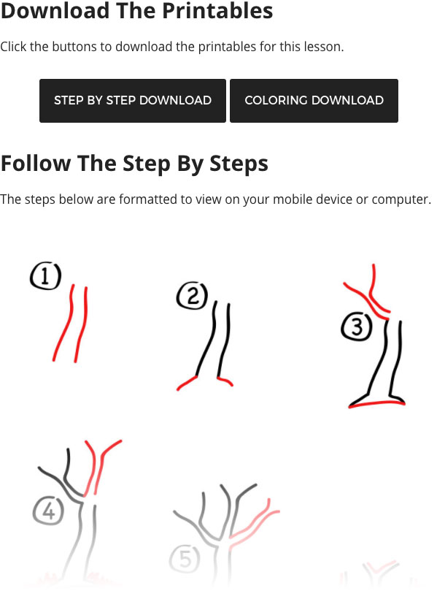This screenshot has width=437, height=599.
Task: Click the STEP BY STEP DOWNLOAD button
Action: click(133, 101)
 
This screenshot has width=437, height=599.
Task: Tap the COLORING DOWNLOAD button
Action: click(314, 101)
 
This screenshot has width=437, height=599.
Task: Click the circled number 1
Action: click(45, 275)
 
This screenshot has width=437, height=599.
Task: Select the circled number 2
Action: click(192, 296)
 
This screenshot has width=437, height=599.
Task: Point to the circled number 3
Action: click(357, 327)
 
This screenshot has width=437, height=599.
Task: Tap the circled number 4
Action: click(48, 511)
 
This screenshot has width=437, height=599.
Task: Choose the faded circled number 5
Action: click(185, 560)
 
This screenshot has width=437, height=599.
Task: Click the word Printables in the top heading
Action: click(217, 10)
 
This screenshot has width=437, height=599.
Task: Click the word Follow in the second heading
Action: click(36, 164)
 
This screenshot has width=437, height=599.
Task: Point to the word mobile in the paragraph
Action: click(290, 199)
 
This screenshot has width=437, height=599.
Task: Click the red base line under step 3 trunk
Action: click(377, 403)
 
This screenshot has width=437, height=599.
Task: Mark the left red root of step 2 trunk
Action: click(187, 383)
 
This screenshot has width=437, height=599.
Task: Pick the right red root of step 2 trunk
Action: click(225, 381)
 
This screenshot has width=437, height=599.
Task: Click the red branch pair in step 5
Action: click(255, 522)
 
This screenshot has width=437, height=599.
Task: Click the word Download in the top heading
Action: click(55, 10)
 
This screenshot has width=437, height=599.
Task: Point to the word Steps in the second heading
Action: click(239, 164)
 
